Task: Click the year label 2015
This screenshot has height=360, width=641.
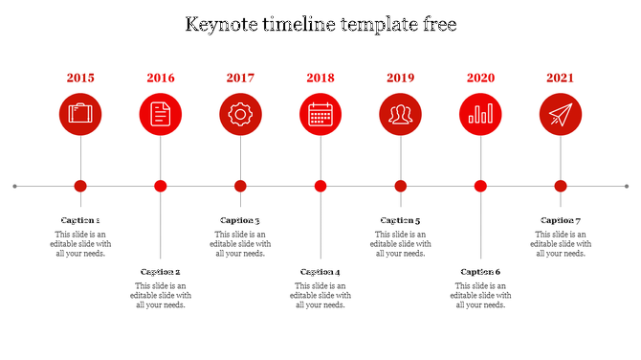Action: click(80, 78)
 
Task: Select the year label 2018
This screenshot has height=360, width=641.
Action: click(320, 78)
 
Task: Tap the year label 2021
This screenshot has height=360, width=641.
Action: click(561, 78)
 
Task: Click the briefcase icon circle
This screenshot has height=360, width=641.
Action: click(80, 115)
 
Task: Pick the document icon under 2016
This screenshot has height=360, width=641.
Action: click(161, 115)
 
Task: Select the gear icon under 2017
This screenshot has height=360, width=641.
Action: click(240, 115)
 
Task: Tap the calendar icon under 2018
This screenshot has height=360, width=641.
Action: click(320, 115)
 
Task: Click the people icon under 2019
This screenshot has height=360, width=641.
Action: click(401, 115)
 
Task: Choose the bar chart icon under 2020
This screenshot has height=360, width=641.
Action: click(480, 115)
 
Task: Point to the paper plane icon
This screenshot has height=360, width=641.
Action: click(561, 115)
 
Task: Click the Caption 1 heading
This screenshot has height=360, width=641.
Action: click(80, 220)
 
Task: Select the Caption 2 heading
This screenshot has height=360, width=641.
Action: click(161, 272)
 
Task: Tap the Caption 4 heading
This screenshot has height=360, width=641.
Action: click(320, 272)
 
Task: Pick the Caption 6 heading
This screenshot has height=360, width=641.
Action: click(480, 272)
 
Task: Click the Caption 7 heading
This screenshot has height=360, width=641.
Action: click(561, 220)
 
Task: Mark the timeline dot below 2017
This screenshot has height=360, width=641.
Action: click(240, 186)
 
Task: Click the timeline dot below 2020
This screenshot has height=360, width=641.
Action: click(480, 186)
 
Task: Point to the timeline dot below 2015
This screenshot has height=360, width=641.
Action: click(80, 186)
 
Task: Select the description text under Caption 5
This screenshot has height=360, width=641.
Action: click(401, 244)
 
